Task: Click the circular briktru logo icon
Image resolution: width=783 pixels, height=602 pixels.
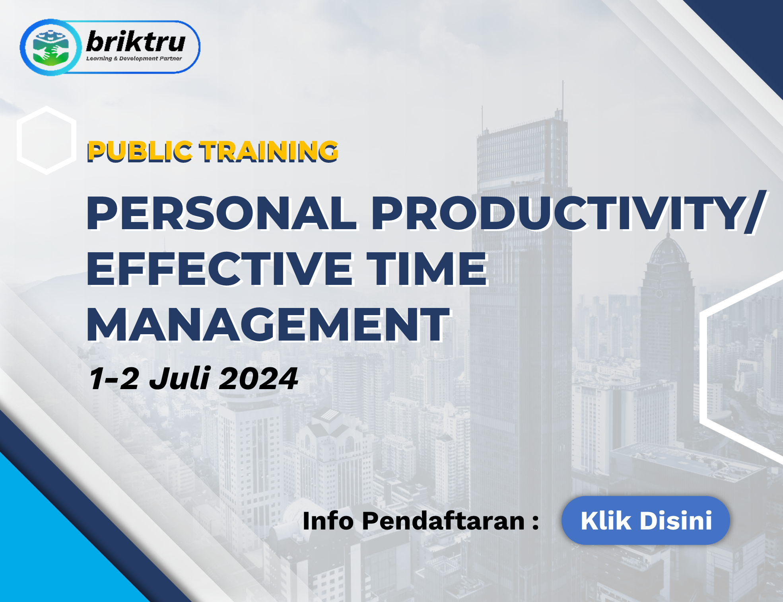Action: pyautogui.click(x=50, y=47)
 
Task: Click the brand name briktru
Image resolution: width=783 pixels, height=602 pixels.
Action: pyautogui.click(x=136, y=41)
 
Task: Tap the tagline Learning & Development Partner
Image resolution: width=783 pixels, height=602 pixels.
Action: pyautogui.click(x=134, y=58)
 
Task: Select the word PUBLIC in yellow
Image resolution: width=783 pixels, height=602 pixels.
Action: pyautogui.click(x=140, y=151)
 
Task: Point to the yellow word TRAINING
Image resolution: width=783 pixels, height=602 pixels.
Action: pyautogui.click(x=269, y=151)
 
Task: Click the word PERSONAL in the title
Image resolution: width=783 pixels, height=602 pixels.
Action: pyautogui.click(x=221, y=213)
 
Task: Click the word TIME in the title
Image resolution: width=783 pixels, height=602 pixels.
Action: pyautogui.click(x=427, y=269)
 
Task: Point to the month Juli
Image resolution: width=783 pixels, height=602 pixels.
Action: pyautogui.click(x=179, y=378)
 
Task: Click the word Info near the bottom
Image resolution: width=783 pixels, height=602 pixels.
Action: pyautogui.click(x=328, y=520)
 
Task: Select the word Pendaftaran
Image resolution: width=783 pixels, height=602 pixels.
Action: pyautogui.click(x=444, y=520)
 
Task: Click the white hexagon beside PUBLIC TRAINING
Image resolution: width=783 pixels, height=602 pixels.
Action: pyautogui.click(x=47, y=140)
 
